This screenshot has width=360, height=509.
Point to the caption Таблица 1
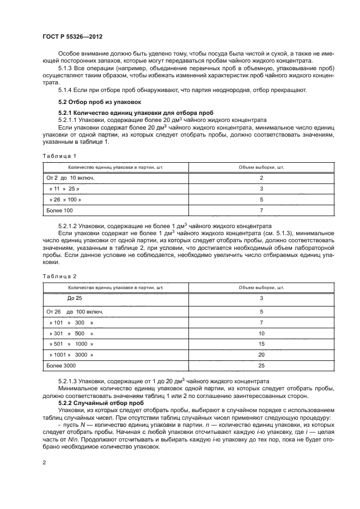(x=60, y=156)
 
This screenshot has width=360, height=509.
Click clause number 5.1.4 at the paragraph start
(x=66, y=90)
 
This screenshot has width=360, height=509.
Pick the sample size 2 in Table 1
(x=261, y=178)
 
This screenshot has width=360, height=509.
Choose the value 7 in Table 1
(x=261, y=210)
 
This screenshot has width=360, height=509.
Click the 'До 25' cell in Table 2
(x=74, y=298)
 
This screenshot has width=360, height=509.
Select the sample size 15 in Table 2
(x=261, y=344)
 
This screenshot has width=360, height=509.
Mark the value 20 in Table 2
(x=261, y=354)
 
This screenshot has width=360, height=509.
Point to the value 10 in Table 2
(x=261, y=333)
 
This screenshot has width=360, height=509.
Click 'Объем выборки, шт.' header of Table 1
(x=261, y=167)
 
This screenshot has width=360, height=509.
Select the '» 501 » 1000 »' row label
(x=71, y=344)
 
